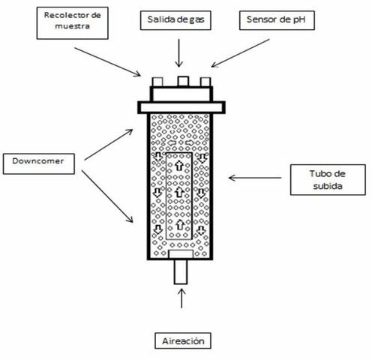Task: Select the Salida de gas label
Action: click(178, 21)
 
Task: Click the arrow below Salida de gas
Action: click(178, 52)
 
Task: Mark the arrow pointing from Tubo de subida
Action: click(254, 178)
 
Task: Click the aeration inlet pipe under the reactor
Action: click(181, 272)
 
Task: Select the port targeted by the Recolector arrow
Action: click(158, 81)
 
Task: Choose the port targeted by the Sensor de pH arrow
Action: click(204, 81)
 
